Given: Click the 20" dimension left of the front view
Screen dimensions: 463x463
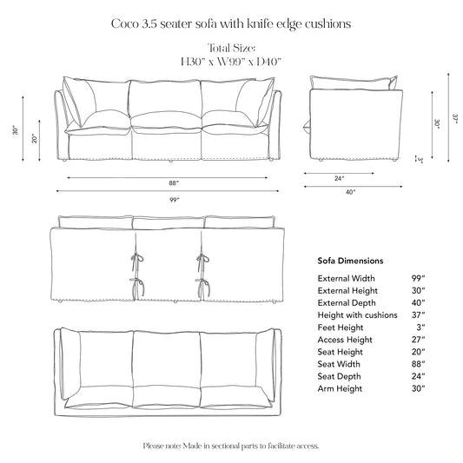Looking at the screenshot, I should tap(35, 139).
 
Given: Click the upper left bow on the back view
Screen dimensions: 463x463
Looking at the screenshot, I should tap(135, 258).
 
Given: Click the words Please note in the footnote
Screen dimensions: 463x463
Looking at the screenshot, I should tap(162, 446).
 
